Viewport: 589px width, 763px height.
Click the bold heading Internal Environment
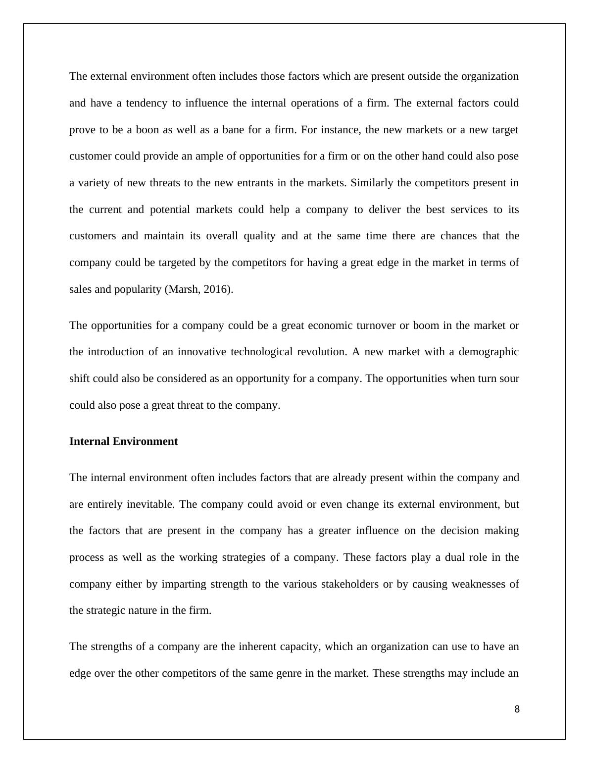tap(123, 441)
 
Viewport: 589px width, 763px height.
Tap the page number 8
tap(517, 709)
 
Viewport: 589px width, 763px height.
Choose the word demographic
tap(489, 352)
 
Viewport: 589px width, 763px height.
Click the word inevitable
tap(150, 504)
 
